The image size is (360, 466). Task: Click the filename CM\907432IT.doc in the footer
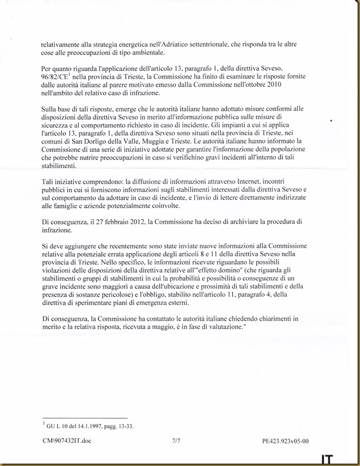(67, 441)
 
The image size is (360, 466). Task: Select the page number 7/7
(175, 441)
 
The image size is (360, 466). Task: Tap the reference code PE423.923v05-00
(285, 441)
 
